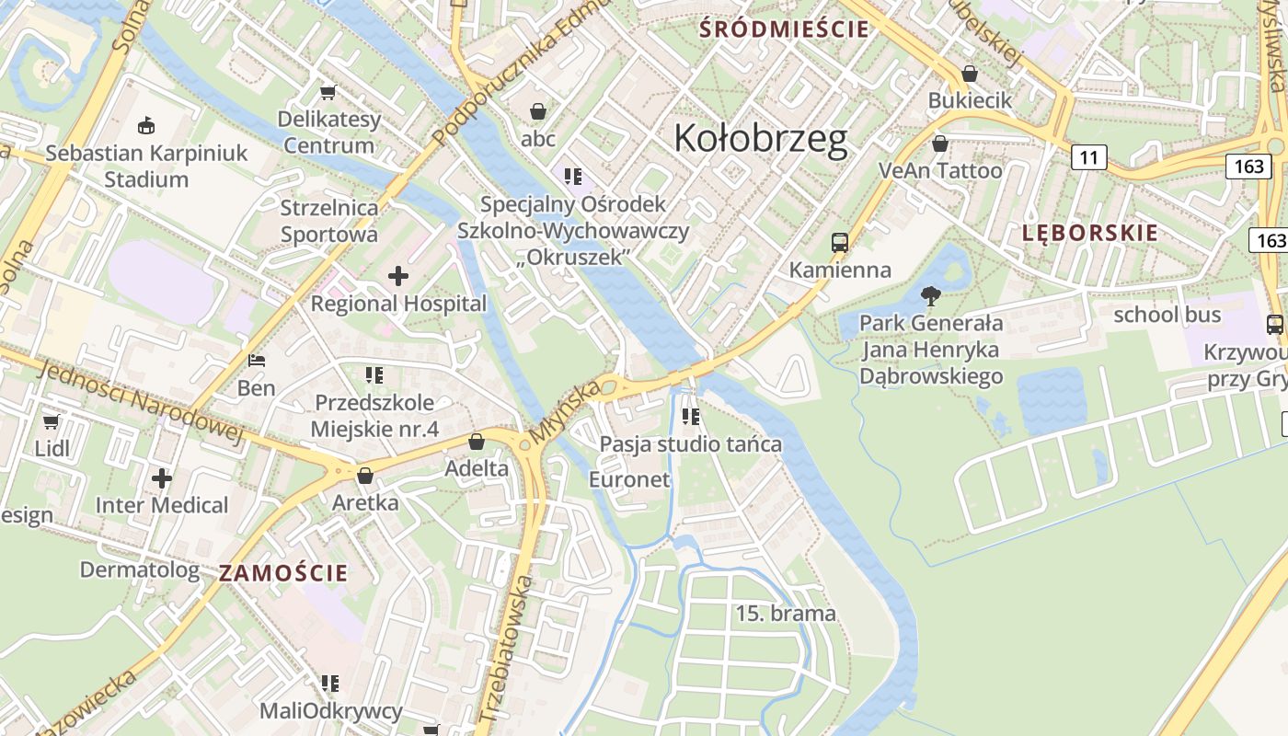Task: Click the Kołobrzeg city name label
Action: pos(760,138)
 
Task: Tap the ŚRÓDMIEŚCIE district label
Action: pos(784,29)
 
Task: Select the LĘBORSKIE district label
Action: pos(1089,233)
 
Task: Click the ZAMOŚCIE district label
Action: pos(283,573)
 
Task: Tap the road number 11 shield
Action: pos(1088,157)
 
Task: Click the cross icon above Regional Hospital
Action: pos(398,275)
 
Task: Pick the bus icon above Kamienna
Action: pos(840,243)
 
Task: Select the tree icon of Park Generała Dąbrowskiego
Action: pos(930,296)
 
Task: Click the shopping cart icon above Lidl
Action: pos(52,421)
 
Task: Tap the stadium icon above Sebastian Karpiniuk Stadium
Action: pos(145,125)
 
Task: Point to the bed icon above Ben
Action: pos(257,360)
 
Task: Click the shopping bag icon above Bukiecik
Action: pos(969,74)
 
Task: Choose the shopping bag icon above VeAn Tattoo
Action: pos(940,144)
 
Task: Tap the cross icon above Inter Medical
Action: pos(162,478)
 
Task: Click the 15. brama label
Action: pos(786,614)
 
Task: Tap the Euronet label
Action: pos(629,479)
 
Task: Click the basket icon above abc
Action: pos(538,111)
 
